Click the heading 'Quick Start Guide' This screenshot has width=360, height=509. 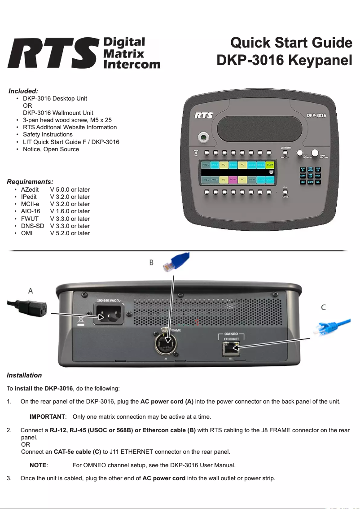coord(291,43)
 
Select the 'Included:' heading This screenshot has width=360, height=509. coord(23,91)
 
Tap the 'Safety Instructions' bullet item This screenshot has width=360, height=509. coord(48,134)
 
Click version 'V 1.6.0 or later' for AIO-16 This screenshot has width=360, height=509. coord(70,211)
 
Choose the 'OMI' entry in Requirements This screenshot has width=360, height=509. coord(26,233)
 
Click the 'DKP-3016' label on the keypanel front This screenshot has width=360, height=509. coord(316,115)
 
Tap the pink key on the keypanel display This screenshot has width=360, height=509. coord(233,179)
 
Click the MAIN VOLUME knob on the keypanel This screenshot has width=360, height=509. coord(315,152)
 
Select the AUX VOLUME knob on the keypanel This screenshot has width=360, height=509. coord(300,153)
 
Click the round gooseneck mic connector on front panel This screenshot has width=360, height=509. coord(204,136)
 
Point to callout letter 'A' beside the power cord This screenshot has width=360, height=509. coord(31,291)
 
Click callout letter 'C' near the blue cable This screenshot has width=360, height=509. coord(323,307)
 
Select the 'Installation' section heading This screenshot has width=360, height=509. coord(24,375)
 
